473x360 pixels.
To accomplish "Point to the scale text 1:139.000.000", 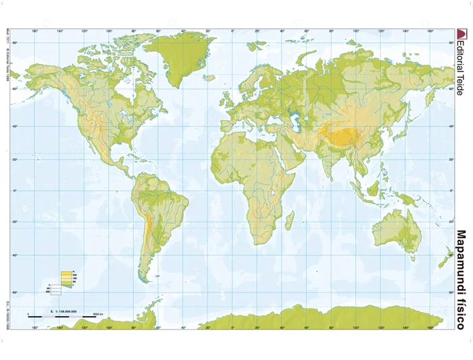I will pyautogui.click(x=65, y=311).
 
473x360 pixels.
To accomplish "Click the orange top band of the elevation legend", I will pyautogui.click(x=66, y=271).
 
